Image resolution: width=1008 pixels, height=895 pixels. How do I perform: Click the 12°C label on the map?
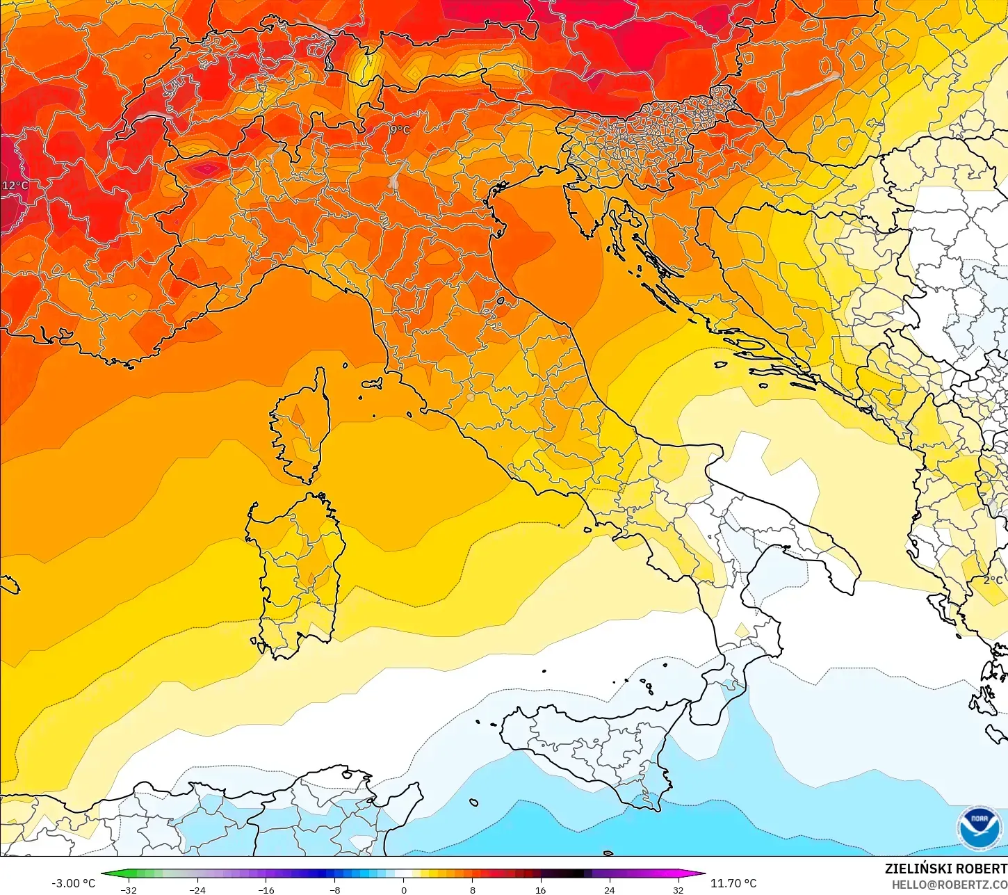coord(15,186)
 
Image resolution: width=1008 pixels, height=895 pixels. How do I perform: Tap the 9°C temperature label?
coord(400,130)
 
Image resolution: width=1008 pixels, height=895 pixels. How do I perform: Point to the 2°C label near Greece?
coord(993,580)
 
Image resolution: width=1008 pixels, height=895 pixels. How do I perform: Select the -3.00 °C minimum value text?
coord(73,883)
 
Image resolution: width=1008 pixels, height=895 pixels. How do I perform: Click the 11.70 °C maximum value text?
coord(733,883)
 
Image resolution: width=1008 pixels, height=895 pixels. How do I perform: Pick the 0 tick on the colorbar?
coord(403,889)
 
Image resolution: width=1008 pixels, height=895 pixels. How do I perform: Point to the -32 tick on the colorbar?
coord(128,889)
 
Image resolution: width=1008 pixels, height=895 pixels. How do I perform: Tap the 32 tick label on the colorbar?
coord(678,889)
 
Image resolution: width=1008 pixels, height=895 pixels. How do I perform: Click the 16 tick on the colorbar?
coord(540,889)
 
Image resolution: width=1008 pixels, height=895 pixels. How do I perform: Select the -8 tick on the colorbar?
coord(334,889)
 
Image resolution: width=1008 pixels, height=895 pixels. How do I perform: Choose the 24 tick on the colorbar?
coord(609,889)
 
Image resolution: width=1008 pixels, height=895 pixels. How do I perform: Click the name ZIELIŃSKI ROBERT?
coord(945,869)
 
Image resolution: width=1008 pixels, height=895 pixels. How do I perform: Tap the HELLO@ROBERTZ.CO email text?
coord(950,885)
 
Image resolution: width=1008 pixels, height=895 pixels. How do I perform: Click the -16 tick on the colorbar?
coord(266,889)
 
